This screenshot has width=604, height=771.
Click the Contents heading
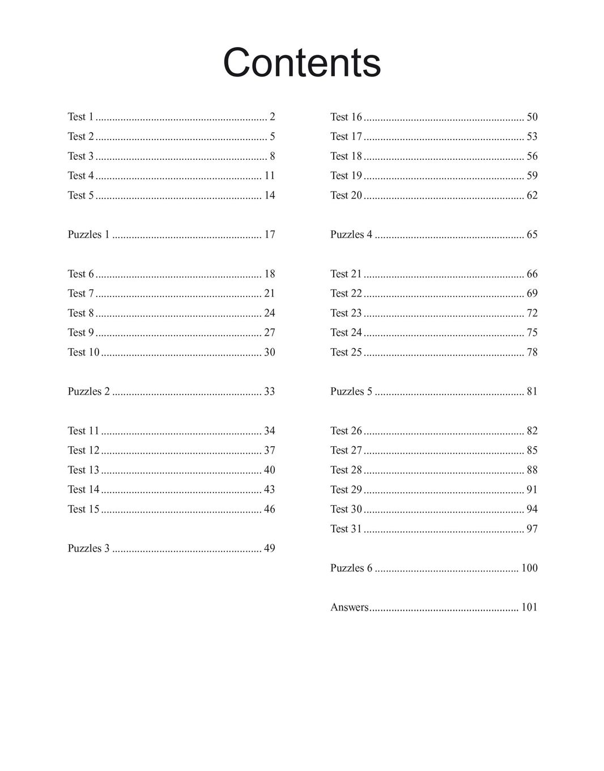coord(301,62)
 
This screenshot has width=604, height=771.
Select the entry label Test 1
coord(80,117)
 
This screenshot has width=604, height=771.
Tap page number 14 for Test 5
coord(269,195)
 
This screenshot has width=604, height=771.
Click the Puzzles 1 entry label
coord(88,235)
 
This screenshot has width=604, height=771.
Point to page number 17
coord(269,235)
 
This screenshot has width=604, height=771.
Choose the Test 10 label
coord(83,352)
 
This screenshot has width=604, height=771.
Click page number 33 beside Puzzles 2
coord(269,391)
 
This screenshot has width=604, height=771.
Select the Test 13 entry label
coord(83,470)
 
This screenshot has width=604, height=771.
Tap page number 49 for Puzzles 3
coord(269,548)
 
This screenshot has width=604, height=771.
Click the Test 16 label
coord(346,117)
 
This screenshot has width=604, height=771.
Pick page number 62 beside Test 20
coord(532,195)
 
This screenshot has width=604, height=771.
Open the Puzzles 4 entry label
coord(351,235)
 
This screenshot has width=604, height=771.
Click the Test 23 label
coord(346,313)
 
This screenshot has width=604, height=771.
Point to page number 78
coord(532,352)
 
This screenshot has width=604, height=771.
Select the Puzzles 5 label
coord(351,391)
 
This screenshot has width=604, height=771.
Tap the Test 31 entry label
coord(346,529)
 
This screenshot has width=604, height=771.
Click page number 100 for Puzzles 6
coord(529,568)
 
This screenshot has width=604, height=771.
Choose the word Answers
coord(350,607)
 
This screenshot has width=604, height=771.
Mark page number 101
coord(529,607)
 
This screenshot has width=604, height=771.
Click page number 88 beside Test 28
coord(532,470)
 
